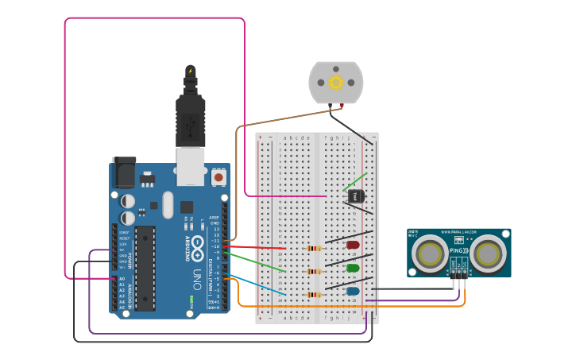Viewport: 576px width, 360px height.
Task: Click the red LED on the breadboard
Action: click(353, 246)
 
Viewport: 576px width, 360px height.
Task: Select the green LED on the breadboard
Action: click(353, 269)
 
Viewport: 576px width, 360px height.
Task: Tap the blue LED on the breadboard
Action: click(353, 292)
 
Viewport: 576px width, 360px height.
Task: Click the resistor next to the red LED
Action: click(315, 248)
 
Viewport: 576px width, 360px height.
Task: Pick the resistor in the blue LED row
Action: click(315, 295)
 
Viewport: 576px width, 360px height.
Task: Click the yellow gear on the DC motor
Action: click(335, 82)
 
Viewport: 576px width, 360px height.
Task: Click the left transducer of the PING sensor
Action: click(430, 254)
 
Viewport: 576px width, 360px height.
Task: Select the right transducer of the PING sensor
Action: click(487, 254)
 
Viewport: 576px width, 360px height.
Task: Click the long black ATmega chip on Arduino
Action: click(145, 266)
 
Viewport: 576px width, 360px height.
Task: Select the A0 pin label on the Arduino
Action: click(122, 279)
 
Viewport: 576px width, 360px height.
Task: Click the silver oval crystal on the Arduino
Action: click(167, 204)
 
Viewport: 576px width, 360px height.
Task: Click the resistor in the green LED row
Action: click(315, 272)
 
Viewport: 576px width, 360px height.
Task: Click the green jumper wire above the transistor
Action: click(356, 182)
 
